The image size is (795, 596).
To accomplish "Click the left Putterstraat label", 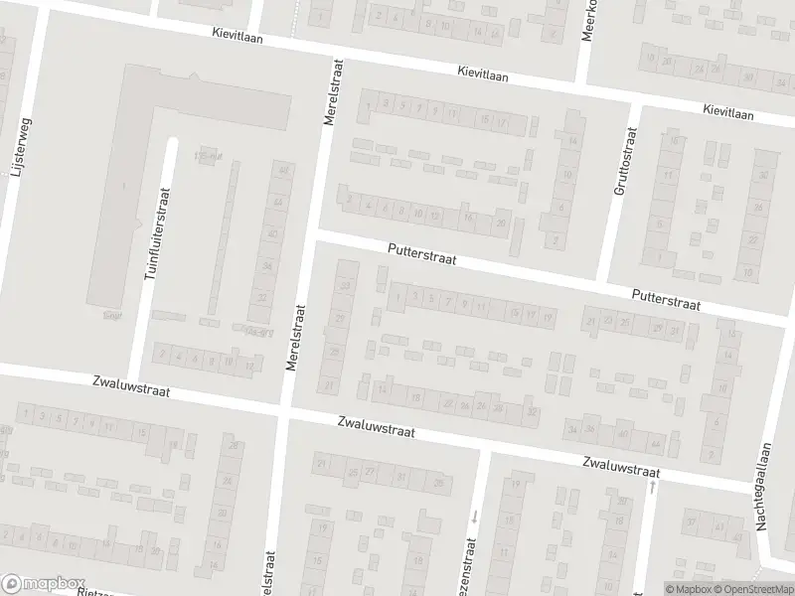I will tap(422, 256).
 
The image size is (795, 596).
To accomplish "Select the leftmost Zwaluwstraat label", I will tap(130, 386).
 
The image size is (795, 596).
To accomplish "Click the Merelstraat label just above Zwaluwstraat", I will tap(293, 338).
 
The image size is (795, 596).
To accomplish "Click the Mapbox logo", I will tap(44, 583).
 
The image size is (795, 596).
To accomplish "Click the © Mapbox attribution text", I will tap(687, 589).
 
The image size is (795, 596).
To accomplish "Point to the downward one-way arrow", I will tap(475, 516).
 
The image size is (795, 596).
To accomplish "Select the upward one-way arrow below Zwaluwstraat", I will tap(651, 489).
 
